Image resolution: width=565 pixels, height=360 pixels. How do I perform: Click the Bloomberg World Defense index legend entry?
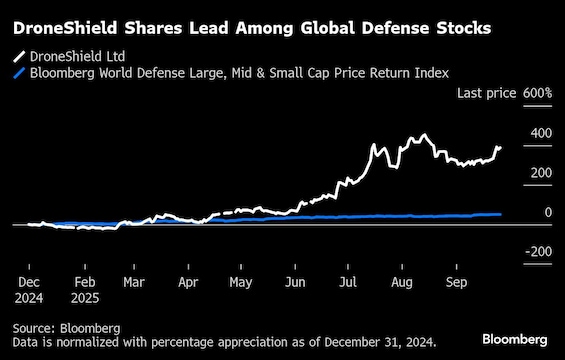(230, 73)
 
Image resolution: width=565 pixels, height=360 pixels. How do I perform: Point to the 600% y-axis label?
(537, 93)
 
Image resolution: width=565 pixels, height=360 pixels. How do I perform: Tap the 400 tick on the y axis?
(541, 133)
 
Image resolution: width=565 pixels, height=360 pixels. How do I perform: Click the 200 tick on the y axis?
(541, 173)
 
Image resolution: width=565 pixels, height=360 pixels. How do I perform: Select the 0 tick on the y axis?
(547, 213)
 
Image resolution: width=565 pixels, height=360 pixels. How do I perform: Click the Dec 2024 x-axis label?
(29, 290)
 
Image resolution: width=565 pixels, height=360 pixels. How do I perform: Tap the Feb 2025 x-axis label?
(84, 290)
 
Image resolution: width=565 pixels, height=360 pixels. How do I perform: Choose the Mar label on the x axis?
(134, 283)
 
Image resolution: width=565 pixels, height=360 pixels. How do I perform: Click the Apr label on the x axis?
(188, 283)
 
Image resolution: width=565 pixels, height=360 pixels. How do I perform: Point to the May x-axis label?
(241, 283)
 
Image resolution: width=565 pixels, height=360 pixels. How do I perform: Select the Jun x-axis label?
(296, 283)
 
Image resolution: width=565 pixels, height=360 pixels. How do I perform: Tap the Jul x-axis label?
(349, 283)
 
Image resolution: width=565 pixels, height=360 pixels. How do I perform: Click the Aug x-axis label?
(403, 283)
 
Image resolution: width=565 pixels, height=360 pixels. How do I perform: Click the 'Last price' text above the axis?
(486, 93)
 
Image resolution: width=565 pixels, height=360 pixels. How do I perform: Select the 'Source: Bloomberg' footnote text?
(67, 327)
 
